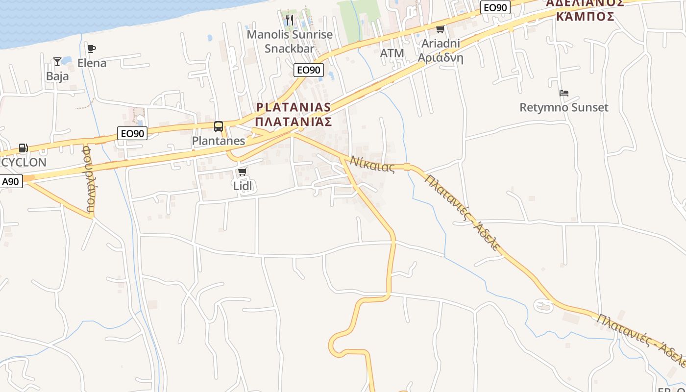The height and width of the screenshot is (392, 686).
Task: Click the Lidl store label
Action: coord(242,186)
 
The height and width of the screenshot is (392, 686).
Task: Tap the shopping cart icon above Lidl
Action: coord(242,172)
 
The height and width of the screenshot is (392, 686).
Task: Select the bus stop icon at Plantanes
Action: coord(219,126)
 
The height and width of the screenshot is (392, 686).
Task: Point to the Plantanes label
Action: coord(219,141)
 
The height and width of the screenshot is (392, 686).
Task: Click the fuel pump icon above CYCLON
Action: coord(23,148)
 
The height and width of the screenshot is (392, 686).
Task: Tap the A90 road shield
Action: coord(10,182)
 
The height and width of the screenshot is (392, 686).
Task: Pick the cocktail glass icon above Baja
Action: coord(57,62)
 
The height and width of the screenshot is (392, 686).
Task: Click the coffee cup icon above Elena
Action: coord(92,49)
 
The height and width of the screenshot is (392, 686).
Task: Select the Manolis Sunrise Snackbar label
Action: coord(290,41)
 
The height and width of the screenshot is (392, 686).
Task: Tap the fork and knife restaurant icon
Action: coord(290,20)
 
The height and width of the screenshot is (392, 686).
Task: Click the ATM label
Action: coord(392,53)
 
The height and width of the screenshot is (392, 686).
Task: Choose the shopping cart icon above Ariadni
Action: coord(440,29)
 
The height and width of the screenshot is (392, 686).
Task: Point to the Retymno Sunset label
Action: coord(564,107)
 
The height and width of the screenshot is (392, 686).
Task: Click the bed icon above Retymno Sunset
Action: coord(564,93)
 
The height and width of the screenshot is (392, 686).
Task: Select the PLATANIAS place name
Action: coord(294,107)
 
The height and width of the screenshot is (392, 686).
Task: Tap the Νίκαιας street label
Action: coord(372,164)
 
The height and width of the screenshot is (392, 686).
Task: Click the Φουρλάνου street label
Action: coord(89,178)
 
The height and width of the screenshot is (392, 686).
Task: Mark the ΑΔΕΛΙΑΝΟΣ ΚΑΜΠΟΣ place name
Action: coord(585,10)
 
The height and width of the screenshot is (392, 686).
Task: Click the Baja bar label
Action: coord(57,76)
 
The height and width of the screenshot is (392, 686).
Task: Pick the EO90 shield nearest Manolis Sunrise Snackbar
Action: coord(309,70)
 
